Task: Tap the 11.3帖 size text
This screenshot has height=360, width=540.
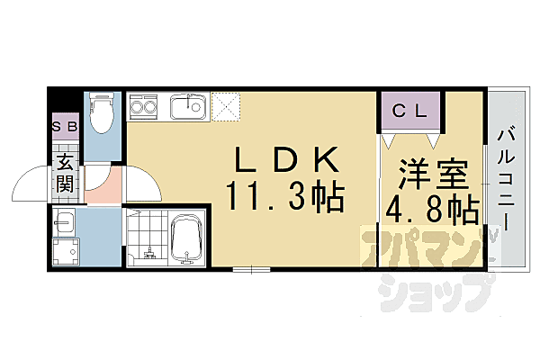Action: [285, 197]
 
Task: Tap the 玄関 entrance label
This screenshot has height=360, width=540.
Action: [66, 173]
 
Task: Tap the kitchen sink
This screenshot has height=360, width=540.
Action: [186, 107]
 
